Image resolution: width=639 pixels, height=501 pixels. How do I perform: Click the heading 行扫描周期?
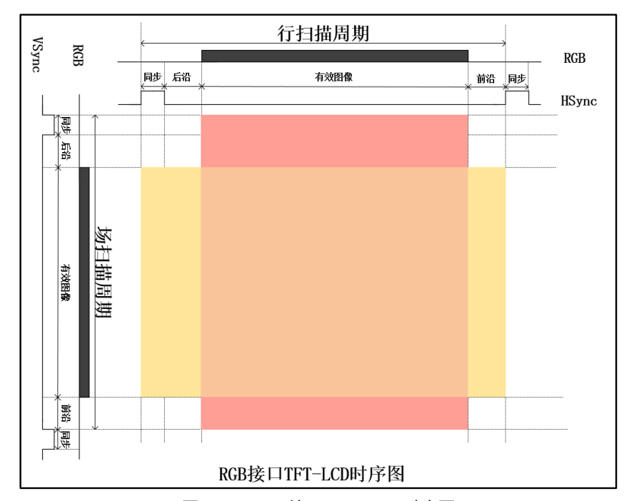click(x=323, y=34)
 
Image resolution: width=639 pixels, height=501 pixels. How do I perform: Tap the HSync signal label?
click(x=578, y=101)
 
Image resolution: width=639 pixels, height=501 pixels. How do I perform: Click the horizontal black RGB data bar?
click(x=334, y=56)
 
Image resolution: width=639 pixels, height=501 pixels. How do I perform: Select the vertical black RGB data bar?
click(x=84, y=282)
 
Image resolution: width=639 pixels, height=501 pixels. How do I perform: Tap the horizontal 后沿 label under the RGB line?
click(x=183, y=78)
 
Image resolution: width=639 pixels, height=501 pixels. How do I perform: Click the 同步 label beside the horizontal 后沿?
click(x=152, y=78)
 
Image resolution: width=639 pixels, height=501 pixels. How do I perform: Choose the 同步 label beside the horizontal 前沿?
click(x=516, y=78)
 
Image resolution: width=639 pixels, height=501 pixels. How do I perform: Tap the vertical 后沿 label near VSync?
click(x=66, y=150)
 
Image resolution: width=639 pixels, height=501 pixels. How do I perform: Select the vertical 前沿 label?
click(x=66, y=413)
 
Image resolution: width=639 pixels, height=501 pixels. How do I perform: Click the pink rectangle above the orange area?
click(x=334, y=141)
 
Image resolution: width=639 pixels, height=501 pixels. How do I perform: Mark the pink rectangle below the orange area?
click(x=334, y=413)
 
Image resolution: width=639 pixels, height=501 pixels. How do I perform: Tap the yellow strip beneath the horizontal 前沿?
click(x=486, y=282)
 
